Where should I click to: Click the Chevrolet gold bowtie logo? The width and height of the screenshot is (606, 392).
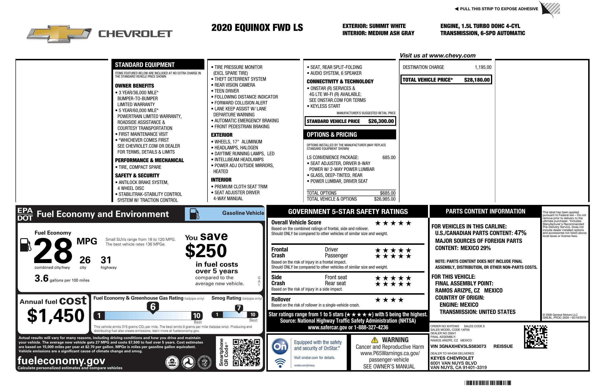[x=59, y=34]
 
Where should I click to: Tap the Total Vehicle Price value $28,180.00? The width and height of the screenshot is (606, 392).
[x=477, y=80]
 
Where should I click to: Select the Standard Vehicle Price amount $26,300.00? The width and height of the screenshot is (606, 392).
[x=381, y=121]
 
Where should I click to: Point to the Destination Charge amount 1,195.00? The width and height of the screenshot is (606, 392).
[x=483, y=67]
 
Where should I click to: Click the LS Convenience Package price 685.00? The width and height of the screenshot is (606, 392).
[x=389, y=157]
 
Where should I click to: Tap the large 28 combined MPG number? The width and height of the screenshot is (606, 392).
[x=53, y=251]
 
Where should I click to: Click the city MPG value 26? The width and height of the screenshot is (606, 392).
[x=85, y=260]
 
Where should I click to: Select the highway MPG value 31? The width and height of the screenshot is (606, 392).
[x=106, y=260]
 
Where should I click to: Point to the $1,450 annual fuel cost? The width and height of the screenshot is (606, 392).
[x=56, y=316]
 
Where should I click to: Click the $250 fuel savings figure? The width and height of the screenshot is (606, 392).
[x=206, y=251]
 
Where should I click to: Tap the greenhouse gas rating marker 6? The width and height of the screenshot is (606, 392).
[x=153, y=307]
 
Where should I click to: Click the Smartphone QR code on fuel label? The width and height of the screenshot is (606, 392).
[x=246, y=352]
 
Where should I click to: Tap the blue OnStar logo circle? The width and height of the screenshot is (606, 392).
[x=280, y=346]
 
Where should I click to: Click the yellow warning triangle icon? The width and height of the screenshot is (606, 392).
[x=375, y=340]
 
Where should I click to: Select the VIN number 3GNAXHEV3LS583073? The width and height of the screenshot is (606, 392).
[x=458, y=346]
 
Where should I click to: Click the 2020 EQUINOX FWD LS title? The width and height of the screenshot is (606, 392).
[x=257, y=28]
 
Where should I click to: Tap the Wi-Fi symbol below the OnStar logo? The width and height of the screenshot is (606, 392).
[x=280, y=363]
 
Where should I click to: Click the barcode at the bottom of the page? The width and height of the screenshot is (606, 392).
[x=488, y=383]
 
